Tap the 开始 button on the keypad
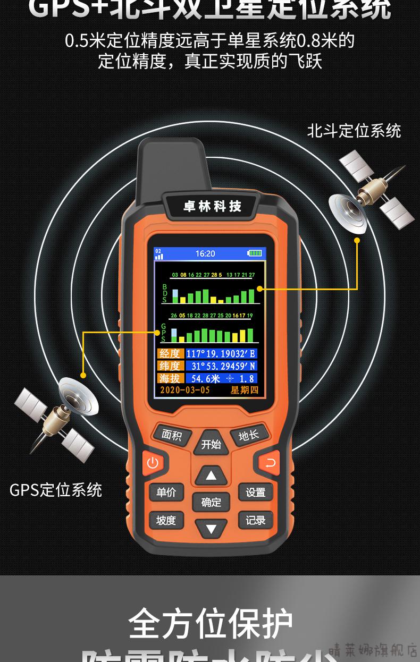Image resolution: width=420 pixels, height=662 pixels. coord(211,444)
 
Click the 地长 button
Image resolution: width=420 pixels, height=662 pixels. coord(248,436)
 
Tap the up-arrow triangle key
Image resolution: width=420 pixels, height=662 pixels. coord(212,475)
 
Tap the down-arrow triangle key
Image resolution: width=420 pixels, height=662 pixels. coord(212,528)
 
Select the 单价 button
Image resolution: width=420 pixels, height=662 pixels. coord(166,493)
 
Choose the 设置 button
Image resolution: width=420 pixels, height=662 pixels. coord(255,493)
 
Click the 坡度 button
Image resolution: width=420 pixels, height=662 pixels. coord(166,520)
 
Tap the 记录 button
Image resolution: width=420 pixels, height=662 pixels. coord(255,520)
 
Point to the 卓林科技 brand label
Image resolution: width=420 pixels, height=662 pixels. coord(212,207)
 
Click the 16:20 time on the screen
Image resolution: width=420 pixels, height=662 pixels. coord(205,253)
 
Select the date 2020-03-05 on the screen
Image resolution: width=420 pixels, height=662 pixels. coord(184,390)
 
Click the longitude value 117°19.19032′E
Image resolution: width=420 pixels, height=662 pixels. coord(221,353)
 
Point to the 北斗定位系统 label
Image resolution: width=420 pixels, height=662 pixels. coord(354,131)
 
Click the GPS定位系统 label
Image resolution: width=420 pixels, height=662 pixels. coord(56,490)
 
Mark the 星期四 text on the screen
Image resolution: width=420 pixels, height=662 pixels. coord(244,390)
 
